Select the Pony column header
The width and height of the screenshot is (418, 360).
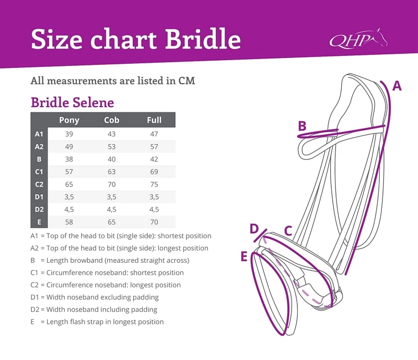(x=69, y=120)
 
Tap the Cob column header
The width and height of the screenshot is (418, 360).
(x=111, y=120)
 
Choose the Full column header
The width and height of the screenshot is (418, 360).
(x=154, y=120)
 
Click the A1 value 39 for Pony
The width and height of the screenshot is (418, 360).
(x=69, y=134)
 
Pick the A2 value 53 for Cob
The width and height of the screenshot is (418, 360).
(x=111, y=147)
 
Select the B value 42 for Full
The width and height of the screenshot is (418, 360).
(x=154, y=159)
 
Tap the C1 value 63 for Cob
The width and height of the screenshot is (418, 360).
(x=111, y=172)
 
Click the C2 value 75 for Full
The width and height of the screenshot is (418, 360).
(x=154, y=184)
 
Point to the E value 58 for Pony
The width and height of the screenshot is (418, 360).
(x=69, y=222)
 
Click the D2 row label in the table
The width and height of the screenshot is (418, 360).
(x=39, y=210)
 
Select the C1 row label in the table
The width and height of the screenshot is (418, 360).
(x=39, y=172)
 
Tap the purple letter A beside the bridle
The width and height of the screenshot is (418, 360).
(x=397, y=86)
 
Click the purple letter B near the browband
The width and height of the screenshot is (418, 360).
(x=302, y=126)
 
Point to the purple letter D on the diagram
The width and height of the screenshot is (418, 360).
(x=254, y=229)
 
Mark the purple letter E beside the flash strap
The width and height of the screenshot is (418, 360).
(x=244, y=257)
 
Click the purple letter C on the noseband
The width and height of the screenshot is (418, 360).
(x=288, y=230)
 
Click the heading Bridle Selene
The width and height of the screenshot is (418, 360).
(x=72, y=102)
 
